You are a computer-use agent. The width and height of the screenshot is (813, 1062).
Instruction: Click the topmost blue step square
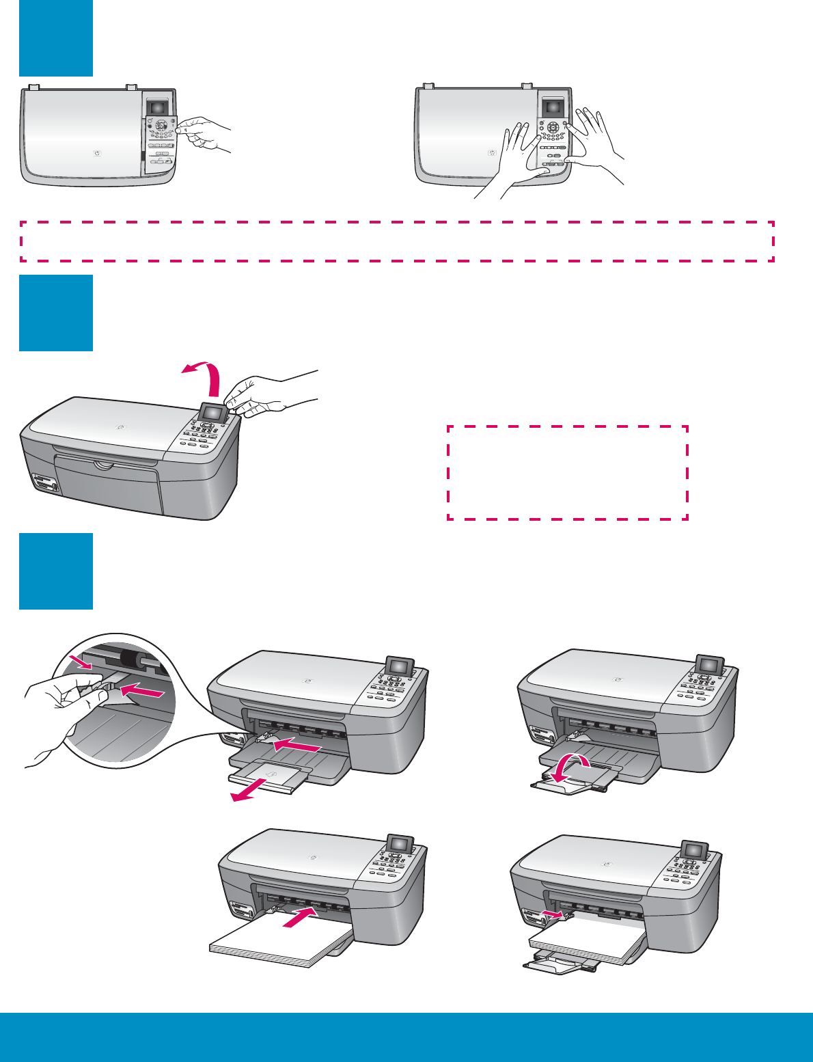55,38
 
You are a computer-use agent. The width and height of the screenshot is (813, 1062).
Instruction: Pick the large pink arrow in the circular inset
143,693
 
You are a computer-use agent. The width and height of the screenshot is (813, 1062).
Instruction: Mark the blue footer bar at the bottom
406,1037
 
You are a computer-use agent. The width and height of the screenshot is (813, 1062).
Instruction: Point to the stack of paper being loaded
280,943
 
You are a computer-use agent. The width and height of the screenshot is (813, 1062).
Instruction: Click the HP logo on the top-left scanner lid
96,152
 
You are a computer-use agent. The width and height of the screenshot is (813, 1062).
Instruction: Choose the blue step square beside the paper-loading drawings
55,571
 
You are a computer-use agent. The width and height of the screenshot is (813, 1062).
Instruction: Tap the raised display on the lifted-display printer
213,412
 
